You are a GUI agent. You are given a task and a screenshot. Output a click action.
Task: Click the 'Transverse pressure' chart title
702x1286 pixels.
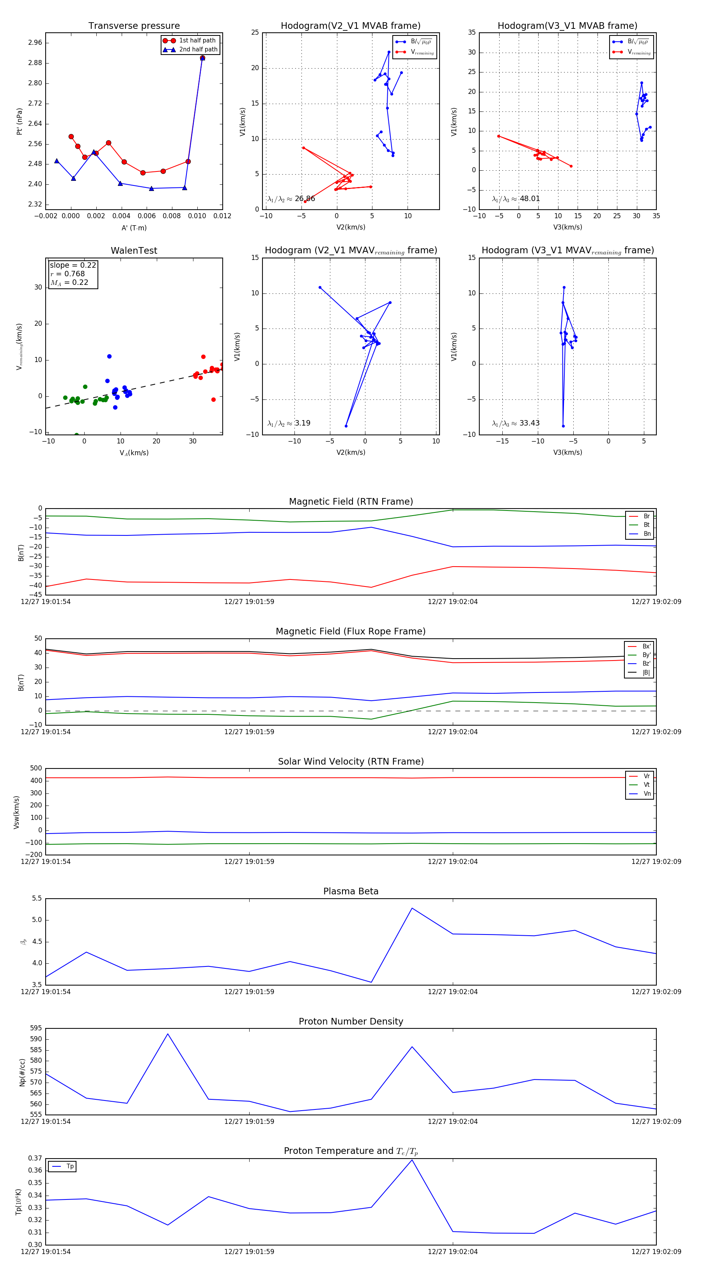pyautogui.click(x=134, y=26)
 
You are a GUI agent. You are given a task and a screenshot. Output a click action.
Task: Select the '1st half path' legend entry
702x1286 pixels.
pyautogui.click(x=197, y=41)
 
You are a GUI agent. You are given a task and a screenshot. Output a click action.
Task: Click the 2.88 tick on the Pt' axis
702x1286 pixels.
pyautogui.click(x=35, y=63)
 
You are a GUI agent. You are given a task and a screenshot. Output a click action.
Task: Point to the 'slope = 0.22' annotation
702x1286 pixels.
pyautogui.click(x=73, y=265)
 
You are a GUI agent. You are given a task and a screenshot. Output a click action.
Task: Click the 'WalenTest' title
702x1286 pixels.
pyautogui.click(x=134, y=251)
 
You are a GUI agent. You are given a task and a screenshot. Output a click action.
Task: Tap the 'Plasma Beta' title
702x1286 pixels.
pyautogui.click(x=351, y=891)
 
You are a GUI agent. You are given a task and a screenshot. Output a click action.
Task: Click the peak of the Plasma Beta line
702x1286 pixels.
pyautogui.click(x=412, y=908)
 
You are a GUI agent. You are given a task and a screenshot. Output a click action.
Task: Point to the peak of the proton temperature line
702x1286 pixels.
pyautogui.click(x=412, y=1160)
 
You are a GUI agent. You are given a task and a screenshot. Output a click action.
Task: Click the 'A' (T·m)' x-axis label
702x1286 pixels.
pyautogui.click(x=134, y=228)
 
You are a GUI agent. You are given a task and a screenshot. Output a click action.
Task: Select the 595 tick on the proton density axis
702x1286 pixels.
pyautogui.click(x=36, y=1028)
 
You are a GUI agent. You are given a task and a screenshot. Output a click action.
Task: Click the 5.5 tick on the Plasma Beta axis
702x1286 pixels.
pyautogui.click(x=37, y=899)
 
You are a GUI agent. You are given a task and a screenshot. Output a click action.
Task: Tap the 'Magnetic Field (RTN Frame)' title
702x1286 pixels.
pyautogui.click(x=351, y=502)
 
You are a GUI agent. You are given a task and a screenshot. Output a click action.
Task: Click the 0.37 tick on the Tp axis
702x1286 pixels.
pyautogui.click(x=35, y=1158)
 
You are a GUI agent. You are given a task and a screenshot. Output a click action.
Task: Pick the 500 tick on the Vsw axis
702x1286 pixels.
pyautogui.click(x=36, y=768)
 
